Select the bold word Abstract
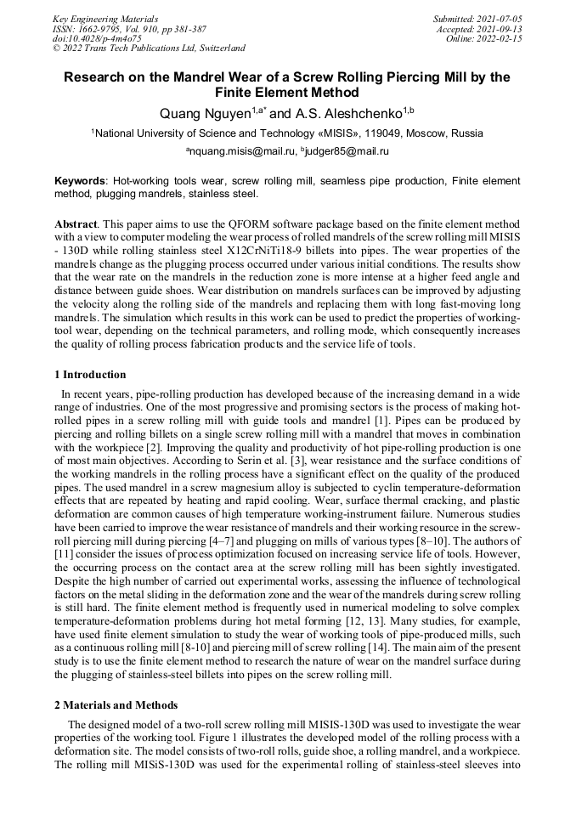pos(76,222)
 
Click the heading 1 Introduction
pos(90,375)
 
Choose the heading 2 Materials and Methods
pos(116,705)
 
